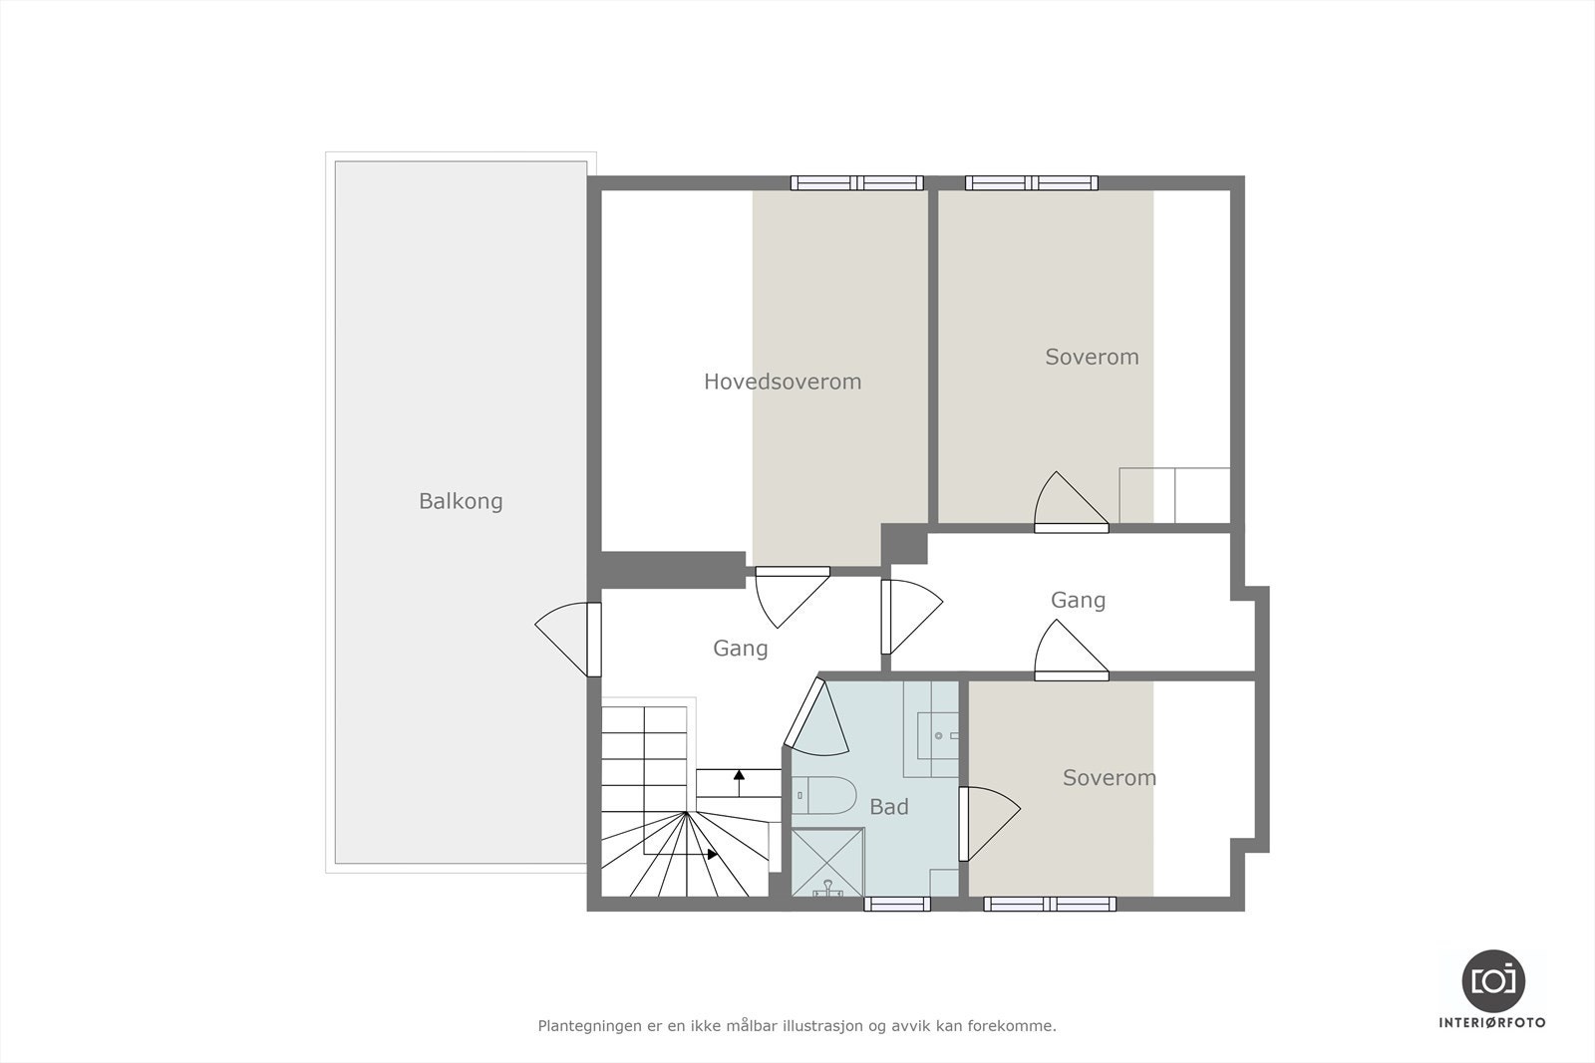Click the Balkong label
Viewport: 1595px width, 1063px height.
point(461,501)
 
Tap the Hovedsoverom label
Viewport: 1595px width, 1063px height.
point(783,382)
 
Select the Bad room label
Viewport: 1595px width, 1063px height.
point(888,807)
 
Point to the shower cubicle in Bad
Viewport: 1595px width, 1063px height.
point(827,863)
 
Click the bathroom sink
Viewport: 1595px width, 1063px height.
point(938,736)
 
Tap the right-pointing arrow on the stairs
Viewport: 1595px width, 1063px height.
point(711,854)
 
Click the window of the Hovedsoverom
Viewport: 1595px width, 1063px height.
point(857,183)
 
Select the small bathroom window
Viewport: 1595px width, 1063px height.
point(896,904)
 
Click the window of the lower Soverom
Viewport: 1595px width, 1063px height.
point(1050,904)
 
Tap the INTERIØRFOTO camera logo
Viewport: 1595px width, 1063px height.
point(1492,980)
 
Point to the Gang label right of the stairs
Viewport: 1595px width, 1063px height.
point(740,649)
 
